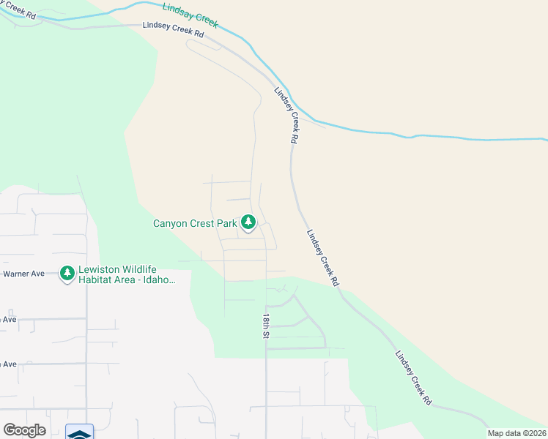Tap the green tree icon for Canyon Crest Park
click(248, 221)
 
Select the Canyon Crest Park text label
click(195, 223)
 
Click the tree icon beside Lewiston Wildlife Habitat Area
click(67, 274)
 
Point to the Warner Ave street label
click(24, 274)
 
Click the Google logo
click(24, 429)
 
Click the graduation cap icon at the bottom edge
click(79, 433)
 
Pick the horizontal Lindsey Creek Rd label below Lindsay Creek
click(172, 29)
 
